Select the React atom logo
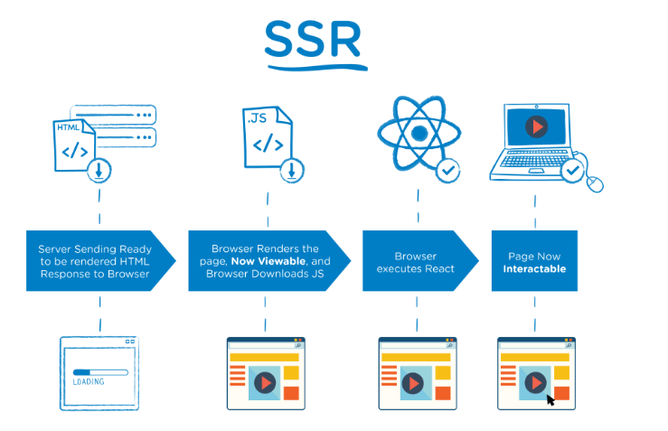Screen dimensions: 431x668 click(417, 133)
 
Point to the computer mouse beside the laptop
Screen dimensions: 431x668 click(595, 183)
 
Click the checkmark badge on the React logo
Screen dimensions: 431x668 click(448, 169)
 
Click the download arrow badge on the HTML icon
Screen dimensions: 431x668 click(99, 169)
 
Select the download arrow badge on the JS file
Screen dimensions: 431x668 click(291, 169)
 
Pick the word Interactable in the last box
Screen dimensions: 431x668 click(534, 268)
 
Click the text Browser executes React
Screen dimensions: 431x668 click(416, 262)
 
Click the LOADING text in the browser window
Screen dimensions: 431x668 click(89, 381)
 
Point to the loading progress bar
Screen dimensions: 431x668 click(99, 370)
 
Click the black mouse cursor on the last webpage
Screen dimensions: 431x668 click(550, 398)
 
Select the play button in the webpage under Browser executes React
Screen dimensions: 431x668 click(414, 383)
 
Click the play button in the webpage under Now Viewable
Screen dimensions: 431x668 click(263, 383)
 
